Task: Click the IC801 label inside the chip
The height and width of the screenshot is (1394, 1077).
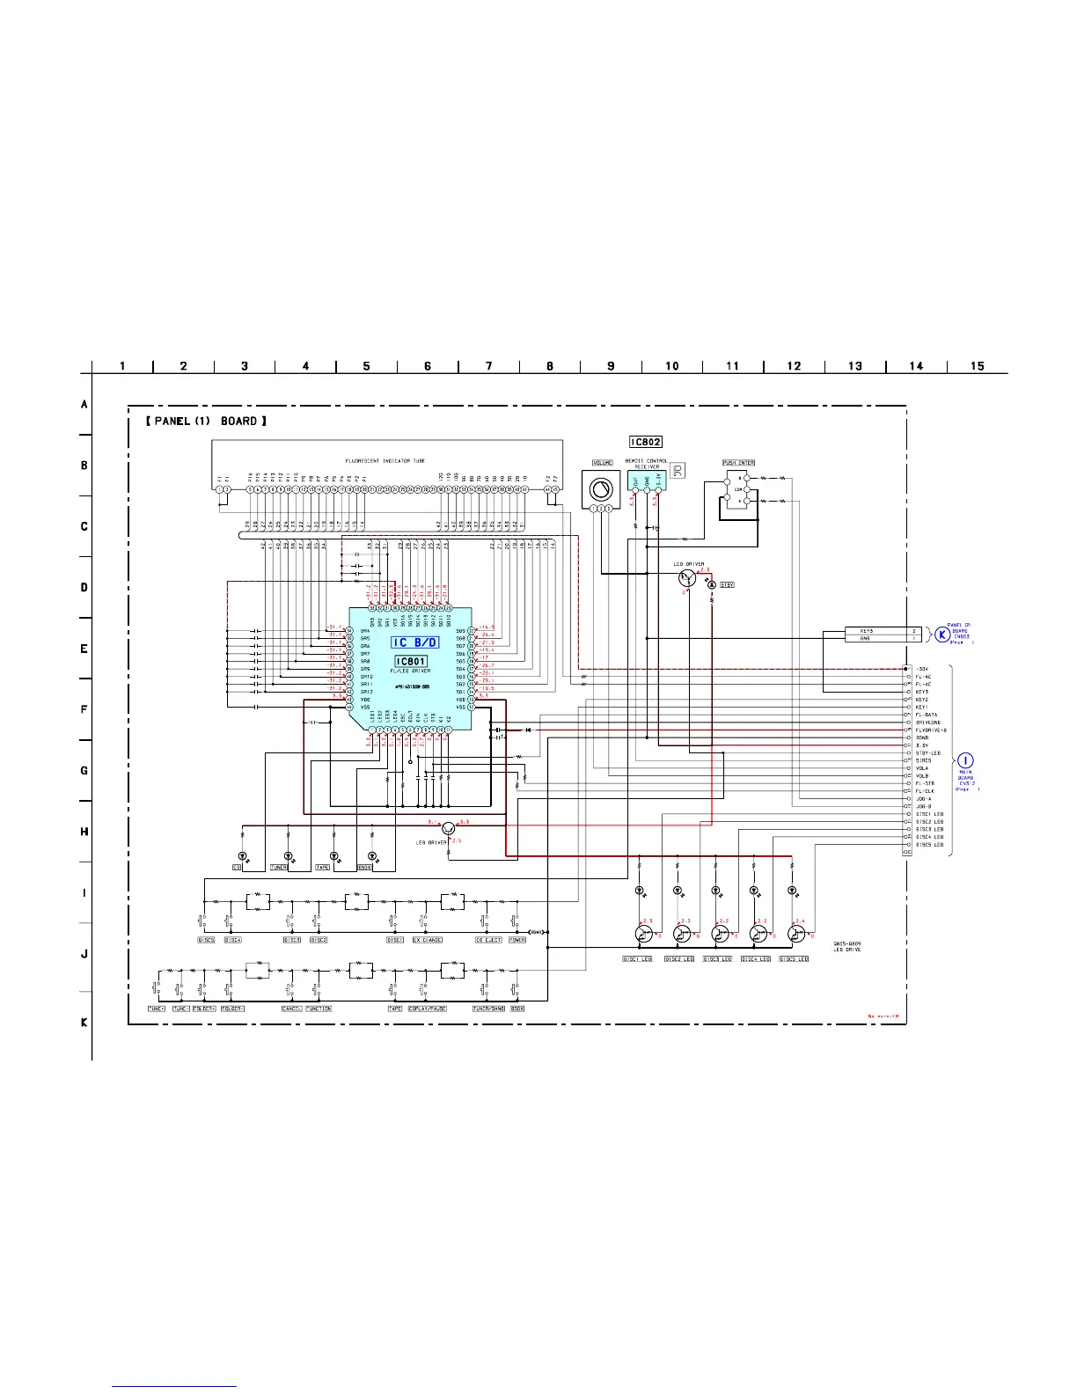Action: click(411, 662)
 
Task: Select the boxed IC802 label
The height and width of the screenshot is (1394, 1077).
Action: click(645, 442)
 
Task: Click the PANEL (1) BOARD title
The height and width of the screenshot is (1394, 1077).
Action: click(207, 422)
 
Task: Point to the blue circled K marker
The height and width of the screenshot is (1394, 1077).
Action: click(942, 633)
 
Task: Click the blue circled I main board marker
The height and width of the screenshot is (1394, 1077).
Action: click(966, 760)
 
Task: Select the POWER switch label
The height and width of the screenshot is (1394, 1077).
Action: click(517, 940)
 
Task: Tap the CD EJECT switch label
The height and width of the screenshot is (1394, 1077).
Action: click(488, 940)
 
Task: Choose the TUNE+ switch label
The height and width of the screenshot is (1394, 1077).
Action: click(158, 1009)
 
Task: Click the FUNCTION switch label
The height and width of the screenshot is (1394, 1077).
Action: click(319, 1009)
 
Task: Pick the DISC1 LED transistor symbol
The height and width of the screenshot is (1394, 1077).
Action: click(642, 934)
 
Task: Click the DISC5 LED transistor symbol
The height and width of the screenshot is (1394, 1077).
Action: click(796, 934)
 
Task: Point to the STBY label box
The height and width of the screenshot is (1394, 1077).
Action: click(727, 584)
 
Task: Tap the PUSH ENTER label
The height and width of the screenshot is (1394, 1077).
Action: click(738, 462)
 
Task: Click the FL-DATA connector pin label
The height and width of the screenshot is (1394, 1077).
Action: click(927, 715)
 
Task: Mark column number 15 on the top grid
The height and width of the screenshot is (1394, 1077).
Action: click(977, 366)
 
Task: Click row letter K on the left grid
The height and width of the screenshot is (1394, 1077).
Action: click(84, 1023)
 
